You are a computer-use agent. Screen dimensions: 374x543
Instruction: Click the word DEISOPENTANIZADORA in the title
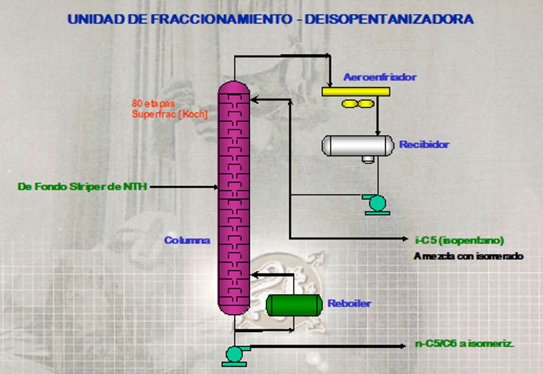(x=389, y=19)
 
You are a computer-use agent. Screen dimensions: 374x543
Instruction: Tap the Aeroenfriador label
(x=379, y=77)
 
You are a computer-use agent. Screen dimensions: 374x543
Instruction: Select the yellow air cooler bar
(x=355, y=91)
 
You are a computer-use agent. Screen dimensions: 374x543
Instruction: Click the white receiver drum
(x=354, y=145)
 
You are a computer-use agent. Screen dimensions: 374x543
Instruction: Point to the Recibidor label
(x=424, y=145)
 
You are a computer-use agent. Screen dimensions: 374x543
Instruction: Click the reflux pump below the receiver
(x=378, y=204)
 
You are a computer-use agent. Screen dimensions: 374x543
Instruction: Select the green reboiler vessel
(x=293, y=304)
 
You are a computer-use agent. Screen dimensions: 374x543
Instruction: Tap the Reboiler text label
(x=349, y=304)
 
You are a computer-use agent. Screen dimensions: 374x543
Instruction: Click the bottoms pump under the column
(x=233, y=354)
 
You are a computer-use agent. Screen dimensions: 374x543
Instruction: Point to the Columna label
(x=187, y=240)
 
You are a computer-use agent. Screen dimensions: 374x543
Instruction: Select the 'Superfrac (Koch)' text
(x=170, y=113)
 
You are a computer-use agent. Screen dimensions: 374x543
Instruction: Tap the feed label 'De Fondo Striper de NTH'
(x=82, y=187)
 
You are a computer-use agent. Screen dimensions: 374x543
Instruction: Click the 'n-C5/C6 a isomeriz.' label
(x=464, y=345)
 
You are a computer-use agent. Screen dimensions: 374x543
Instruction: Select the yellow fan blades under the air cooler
(x=355, y=104)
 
